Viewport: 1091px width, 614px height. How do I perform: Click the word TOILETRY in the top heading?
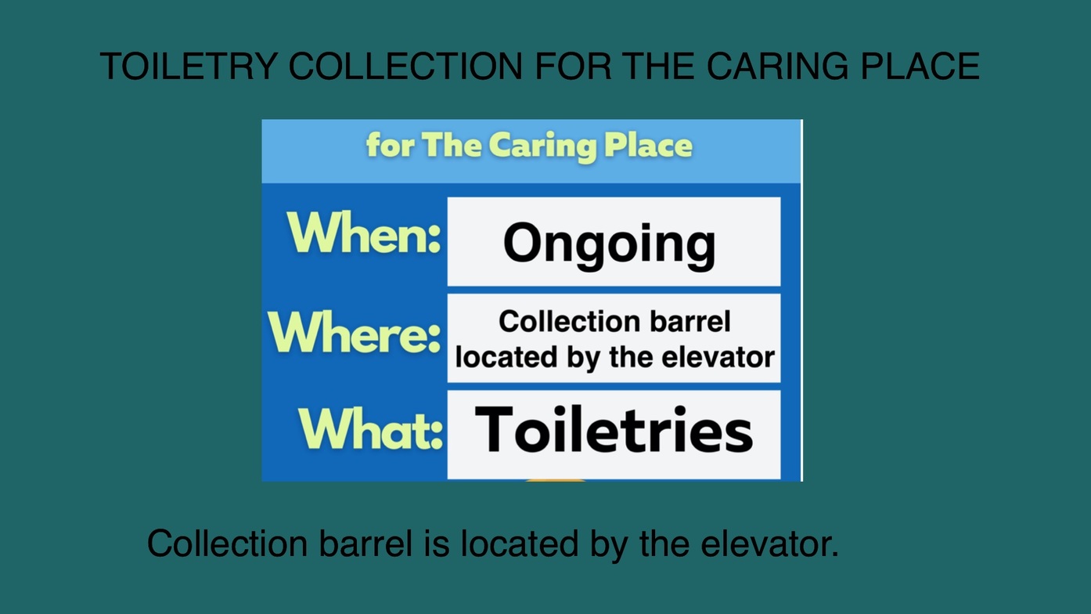(x=189, y=66)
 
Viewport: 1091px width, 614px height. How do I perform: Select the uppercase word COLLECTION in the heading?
(x=405, y=66)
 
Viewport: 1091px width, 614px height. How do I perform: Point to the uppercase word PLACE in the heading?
(x=920, y=66)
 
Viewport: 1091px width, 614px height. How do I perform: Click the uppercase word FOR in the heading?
(x=573, y=66)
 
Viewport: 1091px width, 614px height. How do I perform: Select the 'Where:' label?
(x=354, y=331)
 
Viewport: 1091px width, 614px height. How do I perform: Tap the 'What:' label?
(x=371, y=428)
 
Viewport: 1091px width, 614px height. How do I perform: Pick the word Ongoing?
(x=610, y=244)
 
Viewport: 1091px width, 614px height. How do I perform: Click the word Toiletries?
(x=614, y=430)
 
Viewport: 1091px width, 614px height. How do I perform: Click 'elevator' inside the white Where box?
(x=718, y=357)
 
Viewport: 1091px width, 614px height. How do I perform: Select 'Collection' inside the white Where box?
(x=569, y=322)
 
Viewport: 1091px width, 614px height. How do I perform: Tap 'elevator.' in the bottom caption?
(x=769, y=544)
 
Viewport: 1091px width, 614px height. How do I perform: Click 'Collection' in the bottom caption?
(x=227, y=544)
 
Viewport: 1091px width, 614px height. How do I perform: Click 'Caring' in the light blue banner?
(x=542, y=147)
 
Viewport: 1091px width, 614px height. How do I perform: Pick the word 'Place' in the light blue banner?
(x=648, y=145)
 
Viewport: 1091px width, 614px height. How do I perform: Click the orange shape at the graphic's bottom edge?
(x=556, y=480)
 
